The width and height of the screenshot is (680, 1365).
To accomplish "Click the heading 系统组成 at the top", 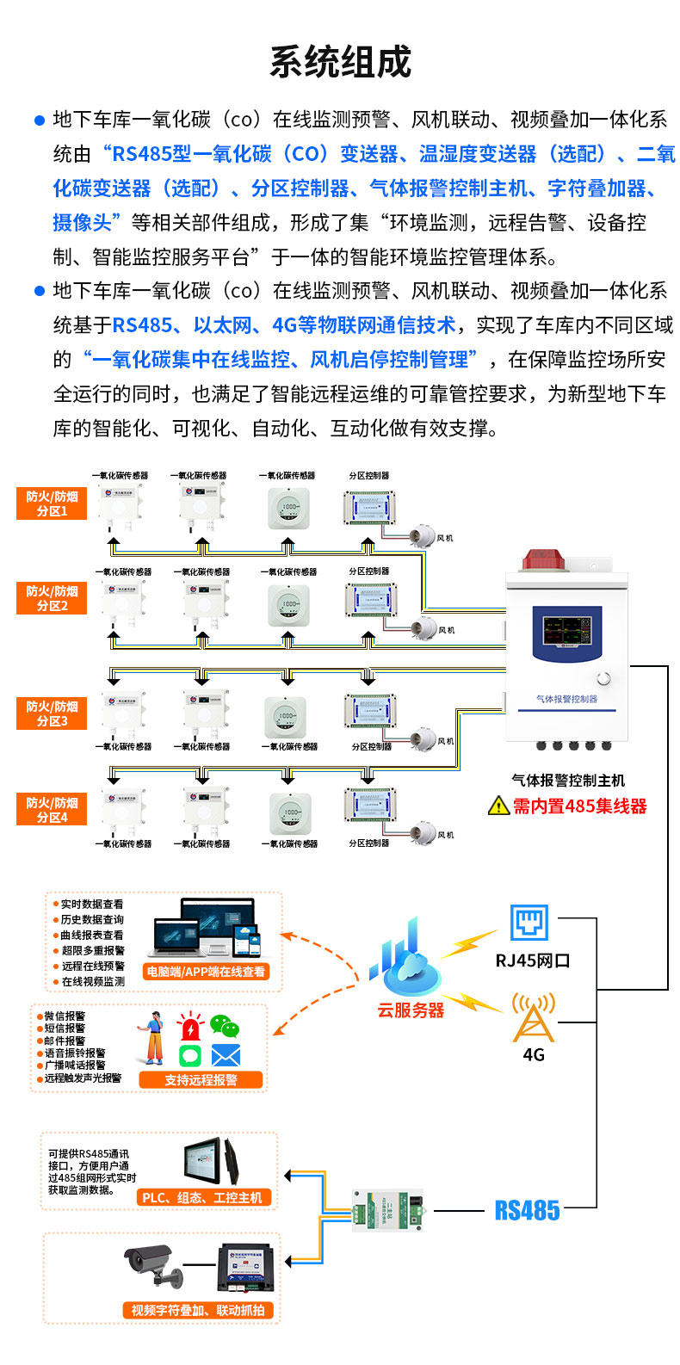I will click(340, 62).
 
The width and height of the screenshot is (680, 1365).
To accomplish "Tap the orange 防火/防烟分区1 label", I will click(52, 503).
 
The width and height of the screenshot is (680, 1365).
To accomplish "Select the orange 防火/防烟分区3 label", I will click(52, 713).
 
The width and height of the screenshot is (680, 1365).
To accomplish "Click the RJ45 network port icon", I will click(529, 923).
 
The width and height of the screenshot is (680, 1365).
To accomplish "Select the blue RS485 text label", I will click(527, 1211).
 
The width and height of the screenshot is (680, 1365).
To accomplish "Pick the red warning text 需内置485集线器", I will click(579, 806).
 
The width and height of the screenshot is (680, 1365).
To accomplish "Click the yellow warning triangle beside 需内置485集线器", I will click(498, 806).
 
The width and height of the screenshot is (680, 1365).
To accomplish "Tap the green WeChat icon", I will click(225, 1026).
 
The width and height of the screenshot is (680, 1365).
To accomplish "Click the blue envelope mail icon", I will click(226, 1055).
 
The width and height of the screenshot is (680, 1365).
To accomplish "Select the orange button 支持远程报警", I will click(201, 1080).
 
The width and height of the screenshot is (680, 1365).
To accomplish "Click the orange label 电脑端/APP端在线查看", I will click(206, 972).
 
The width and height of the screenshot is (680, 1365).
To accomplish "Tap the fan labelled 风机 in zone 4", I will click(424, 833).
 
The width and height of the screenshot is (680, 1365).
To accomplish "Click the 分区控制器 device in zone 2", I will click(370, 600).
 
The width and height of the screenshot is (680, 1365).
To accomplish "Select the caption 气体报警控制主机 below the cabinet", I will click(568, 781).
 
